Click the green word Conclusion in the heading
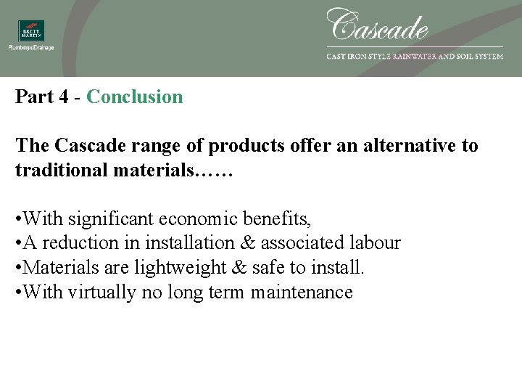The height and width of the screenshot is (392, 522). pos(135,97)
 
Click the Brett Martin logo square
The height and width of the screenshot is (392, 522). pos(31,30)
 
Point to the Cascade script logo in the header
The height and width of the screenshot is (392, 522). pos(378,25)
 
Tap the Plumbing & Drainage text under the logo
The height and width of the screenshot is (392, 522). pos(31,48)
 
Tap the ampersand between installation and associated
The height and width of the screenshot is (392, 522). pos(248,243)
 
